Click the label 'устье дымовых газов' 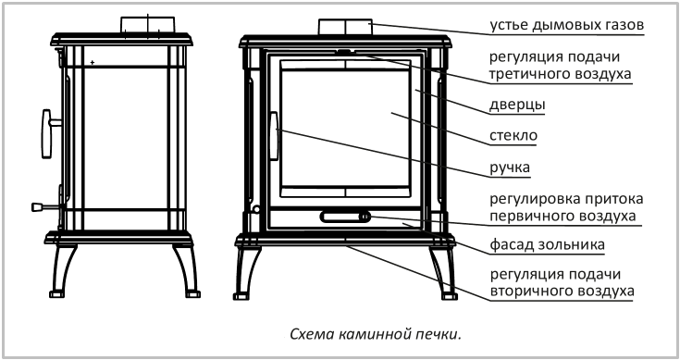pyautogui.click(x=567, y=25)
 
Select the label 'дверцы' pyautogui.click(x=517, y=106)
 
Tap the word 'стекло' pyautogui.click(x=513, y=136)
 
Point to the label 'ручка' pyautogui.click(x=510, y=168)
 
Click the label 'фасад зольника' pyautogui.click(x=548, y=244)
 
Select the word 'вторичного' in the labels pyautogui.click(x=528, y=291)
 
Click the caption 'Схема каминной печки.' pyautogui.click(x=376, y=334)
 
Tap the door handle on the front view pyautogui.click(x=274, y=136)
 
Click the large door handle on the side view pyautogui.click(x=48, y=133)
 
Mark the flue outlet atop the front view pyautogui.click(x=346, y=27)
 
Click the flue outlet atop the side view pyautogui.click(x=147, y=24)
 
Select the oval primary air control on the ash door pyautogui.click(x=345, y=217)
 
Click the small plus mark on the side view pyautogui.click(x=93, y=63)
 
